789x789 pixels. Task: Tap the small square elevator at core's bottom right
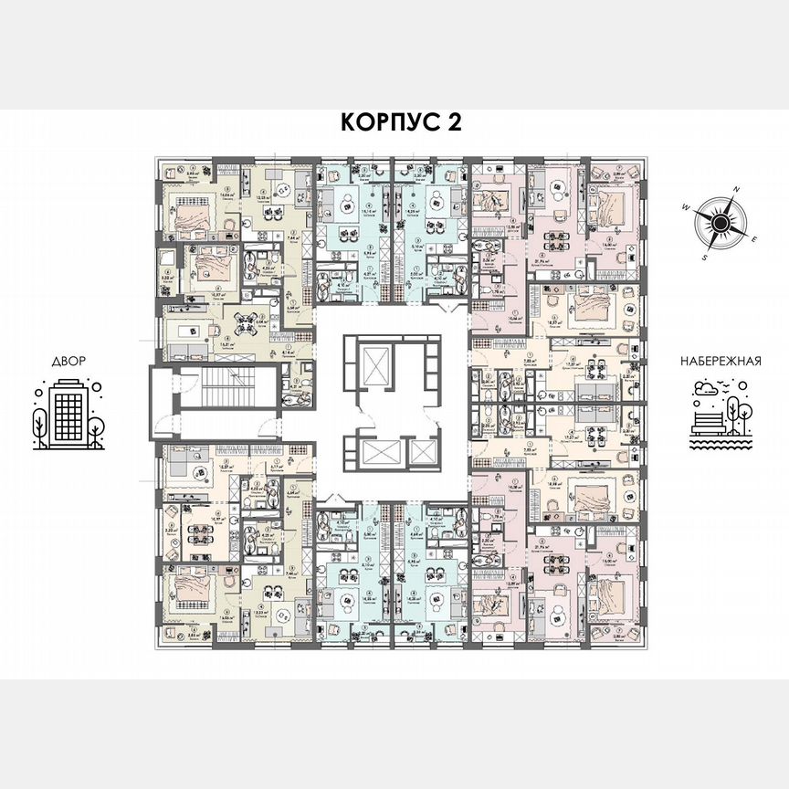coord(421,453)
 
